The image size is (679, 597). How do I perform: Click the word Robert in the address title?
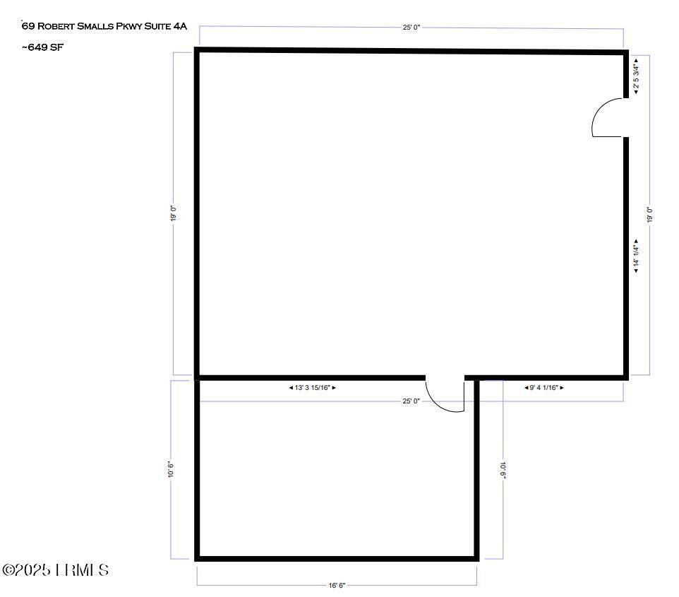click(56, 26)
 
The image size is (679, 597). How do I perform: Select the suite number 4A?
click(180, 26)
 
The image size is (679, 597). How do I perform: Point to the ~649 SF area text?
click(42, 47)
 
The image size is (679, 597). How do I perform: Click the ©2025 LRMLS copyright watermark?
click(55, 569)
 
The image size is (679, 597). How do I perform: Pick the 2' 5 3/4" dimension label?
click(636, 76)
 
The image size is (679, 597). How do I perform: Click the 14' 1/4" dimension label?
click(636, 256)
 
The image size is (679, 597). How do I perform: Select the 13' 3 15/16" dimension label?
click(312, 388)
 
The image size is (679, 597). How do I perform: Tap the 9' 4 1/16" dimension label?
click(544, 388)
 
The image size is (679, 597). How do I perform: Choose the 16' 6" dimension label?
click(337, 585)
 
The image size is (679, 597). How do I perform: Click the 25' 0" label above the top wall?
click(411, 28)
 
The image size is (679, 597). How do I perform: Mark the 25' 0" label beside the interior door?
click(411, 401)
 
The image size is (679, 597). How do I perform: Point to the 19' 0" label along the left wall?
click(173, 213)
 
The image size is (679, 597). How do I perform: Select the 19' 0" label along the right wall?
click(649, 215)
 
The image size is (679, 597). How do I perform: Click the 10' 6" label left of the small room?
click(171, 470)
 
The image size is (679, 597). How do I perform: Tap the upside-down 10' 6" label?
click(503, 470)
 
